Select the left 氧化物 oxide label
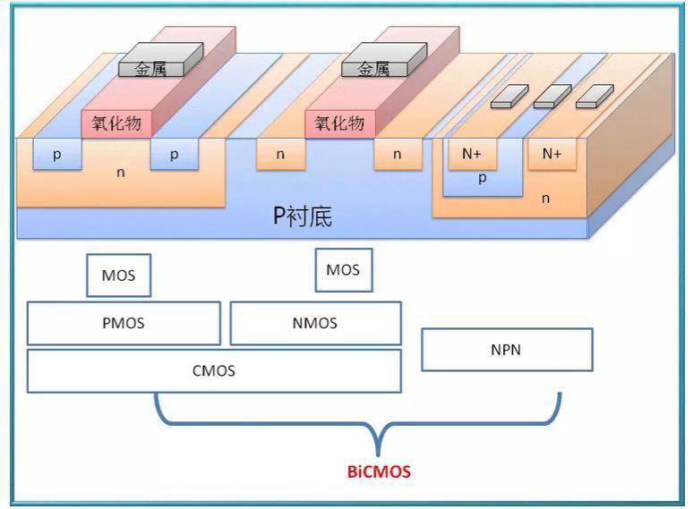pos(115,123)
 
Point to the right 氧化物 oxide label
pos(339,123)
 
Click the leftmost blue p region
pos(57,154)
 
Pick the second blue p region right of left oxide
pos(174,154)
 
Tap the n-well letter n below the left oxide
pos(121,172)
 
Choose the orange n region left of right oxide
pos(280,154)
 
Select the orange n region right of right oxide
pos(397,154)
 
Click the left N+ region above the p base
pos(472,154)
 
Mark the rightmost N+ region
pos(552,154)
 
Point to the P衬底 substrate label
pos(302,216)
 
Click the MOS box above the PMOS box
pos(118,276)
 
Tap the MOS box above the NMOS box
pos(343,270)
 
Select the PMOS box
pos(124,323)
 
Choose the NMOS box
pos(315,323)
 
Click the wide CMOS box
pos(214,371)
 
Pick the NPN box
pos(507,350)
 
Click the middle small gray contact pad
pos(552,96)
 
